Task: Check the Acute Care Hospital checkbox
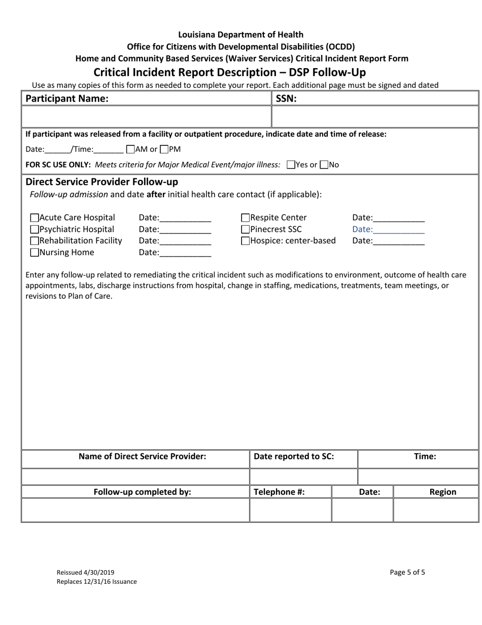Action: [35, 218]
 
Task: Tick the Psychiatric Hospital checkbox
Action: [35, 230]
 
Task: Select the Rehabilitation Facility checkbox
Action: [35, 241]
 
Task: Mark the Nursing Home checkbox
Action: [35, 253]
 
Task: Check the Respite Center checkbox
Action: [245, 218]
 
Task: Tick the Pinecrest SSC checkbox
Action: [245, 230]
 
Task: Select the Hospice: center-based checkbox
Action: [245, 241]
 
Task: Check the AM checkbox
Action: [130, 149]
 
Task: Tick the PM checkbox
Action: [164, 149]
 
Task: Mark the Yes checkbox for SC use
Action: [291, 165]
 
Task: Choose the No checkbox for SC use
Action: [324, 165]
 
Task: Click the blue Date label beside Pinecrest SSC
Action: [362, 229]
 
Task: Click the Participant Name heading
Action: [67, 99]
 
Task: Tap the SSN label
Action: [286, 99]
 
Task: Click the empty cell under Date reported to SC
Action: [303, 477]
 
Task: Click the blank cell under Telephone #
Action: [290, 510]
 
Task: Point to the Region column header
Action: [442, 492]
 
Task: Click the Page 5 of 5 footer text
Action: [407, 572]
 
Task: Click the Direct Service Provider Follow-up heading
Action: [101, 182]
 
